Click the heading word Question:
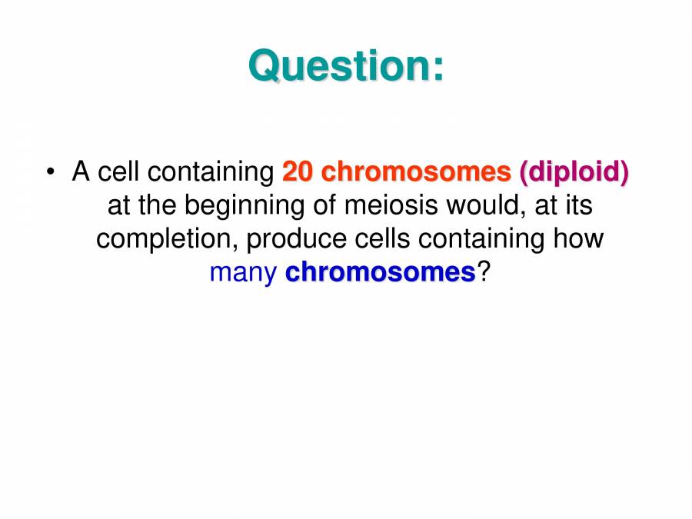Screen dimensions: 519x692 click(x=346, y=65)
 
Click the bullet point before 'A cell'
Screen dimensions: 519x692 click(x=50, y=171)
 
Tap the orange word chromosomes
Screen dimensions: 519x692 click(x=416, y=171)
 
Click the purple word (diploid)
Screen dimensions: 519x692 click(x=574, y=171)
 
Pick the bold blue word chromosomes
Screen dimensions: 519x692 click(x=380, y=271)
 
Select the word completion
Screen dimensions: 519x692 click(x=167, y=239)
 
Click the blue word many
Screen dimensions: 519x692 click(x=242, y=273)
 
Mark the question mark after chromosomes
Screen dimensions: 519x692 click(x=483, y=271)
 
